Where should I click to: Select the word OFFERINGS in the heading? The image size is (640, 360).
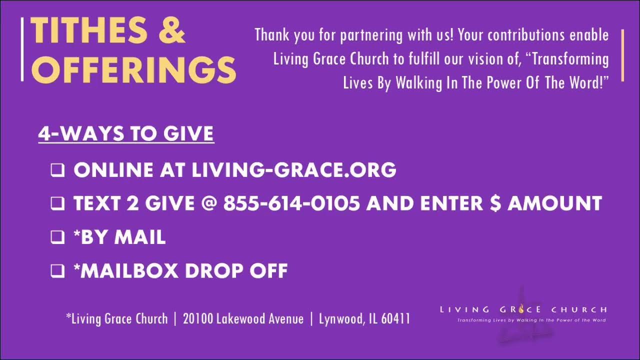pos(133,69)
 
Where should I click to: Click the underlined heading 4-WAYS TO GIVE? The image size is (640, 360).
pos(126,134)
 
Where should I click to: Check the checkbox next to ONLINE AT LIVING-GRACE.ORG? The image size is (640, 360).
pos(57,170)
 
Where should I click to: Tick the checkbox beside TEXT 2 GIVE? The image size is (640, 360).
pos(57,203)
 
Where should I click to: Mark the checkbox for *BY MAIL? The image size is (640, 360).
pos(57,237)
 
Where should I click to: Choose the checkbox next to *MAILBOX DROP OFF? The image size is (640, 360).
pos(57,270)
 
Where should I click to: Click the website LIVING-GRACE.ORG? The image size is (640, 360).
pos(294,170)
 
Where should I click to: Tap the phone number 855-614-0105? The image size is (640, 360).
pos(291,203)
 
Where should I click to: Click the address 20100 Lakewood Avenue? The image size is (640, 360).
pos(243,318)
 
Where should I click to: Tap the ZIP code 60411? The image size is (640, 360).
pos(395,318)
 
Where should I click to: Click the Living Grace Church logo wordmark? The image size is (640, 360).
pos(523,309)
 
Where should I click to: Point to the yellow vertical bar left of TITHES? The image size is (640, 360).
pos(22,48)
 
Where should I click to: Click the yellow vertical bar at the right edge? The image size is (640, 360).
pos(622,55)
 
